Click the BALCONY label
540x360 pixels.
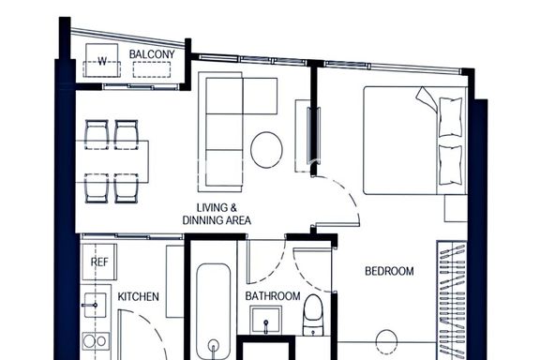tap(152, 54)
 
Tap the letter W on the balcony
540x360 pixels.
tap(102, 61)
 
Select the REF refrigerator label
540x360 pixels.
tap(99, 262)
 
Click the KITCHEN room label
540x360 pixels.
tap(139, 296)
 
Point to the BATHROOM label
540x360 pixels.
tap(273, 296)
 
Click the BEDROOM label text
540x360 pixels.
tap(389, 271)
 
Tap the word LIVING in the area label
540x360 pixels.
tap(212, 208)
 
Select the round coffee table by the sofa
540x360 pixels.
tap(266, 149)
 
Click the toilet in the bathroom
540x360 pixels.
tap(313, 315)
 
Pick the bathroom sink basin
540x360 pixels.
tap(266, 321)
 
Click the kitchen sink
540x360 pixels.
tap(96, 306)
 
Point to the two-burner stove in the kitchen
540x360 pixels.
tap(96, 341)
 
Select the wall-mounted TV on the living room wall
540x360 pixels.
tap(314, 136)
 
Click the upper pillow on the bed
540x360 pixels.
tap(450, 117)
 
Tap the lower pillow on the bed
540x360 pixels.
tap(450, 165)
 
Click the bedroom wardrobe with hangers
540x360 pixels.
tap(452, 300)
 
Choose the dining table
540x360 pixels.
tap(112, 161)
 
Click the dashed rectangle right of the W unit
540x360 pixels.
tap(152, 69)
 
